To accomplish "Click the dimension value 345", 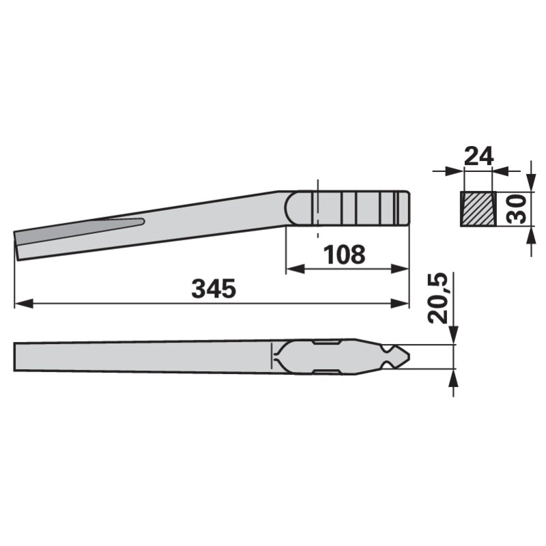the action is coord(214,289).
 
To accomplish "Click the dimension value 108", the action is coord(345,255).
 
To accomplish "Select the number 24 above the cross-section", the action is coord(479,156).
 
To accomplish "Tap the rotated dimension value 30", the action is coord(517,209).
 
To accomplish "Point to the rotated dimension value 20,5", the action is coord(437,298).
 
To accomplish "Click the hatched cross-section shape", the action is coord(478,209).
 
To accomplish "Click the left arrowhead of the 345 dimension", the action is coord(24,304).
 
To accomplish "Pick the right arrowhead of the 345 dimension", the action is coord(399,304).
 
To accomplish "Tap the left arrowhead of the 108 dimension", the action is coord(295,269).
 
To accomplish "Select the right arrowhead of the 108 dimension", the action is coord(399,269).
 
